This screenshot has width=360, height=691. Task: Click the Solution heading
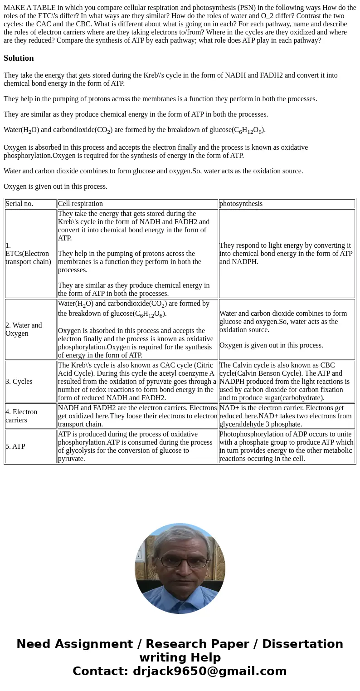[x=19, y=58]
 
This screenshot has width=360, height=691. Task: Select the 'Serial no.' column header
[x=19, y=204]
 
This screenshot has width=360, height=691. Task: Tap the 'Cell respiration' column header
[x=80, y=204]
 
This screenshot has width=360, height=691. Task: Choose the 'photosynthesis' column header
[x=241, y=204]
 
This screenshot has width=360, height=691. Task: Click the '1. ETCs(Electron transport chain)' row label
[x=28, y=254]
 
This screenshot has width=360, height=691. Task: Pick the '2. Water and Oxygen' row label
[x=24, y=329]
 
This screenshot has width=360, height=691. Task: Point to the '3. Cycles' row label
[x=19, y=382]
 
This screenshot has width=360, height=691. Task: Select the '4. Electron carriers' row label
[x=21, y=416]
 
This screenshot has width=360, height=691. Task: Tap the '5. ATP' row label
[x=15, y=446]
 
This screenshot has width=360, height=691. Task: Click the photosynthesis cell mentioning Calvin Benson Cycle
[x=287, y=382]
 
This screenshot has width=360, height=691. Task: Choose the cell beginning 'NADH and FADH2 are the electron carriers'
[x=137, y=416]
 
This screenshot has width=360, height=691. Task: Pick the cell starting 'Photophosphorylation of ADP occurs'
[x=287, y=446]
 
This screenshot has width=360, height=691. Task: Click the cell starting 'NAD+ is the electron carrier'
[x=287, y=416]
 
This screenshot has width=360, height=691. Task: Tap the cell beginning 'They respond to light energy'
[x=287, y=254]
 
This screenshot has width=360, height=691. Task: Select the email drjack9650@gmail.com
[x=209, y=671]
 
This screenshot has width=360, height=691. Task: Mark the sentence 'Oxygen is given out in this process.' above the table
[x=55, y=186]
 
